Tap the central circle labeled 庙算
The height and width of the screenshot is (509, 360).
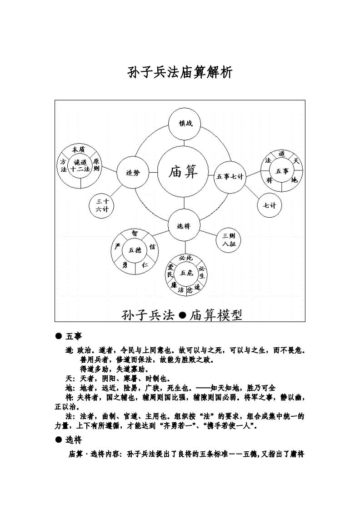pyautogui.click(x=183, y=172)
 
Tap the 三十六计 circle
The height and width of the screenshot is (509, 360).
pyautogui.click(x=102, y=205)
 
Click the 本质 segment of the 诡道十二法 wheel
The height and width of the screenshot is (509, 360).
pyautogui.click(x=79, y=150)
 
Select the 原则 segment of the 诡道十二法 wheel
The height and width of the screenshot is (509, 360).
pyautogui.click(x=96, y=165)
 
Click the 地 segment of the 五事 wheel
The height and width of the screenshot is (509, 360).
pyautogui.click(x=295, y=180)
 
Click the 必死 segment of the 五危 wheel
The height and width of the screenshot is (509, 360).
pyautogui.click(x=186, y=258)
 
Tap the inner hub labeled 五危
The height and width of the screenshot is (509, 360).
pyautogui.click(x=186, y=273)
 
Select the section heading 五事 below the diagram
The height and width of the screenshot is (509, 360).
pyautogui.click(x=74, y=336)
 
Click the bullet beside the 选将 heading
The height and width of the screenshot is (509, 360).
pyautogui.click(x=58, y=439)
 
